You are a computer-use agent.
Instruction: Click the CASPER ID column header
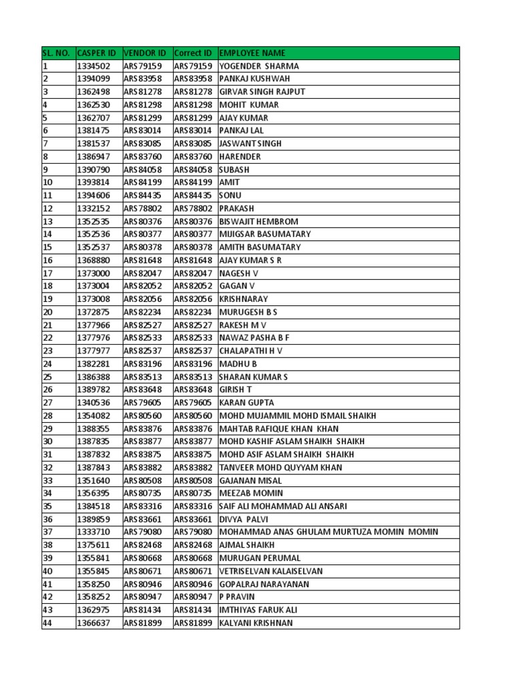(x=97, y=53)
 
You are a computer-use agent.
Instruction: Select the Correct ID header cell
(x=193, y=53)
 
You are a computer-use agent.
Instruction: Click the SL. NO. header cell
(x=56, y=53)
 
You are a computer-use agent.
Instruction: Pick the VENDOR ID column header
(x=144, y=53)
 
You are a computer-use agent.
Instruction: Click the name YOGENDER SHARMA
(x=259, y=66)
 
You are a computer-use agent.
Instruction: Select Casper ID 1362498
(x=94, y=92)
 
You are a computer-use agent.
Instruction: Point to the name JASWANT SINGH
(x=250, y=144)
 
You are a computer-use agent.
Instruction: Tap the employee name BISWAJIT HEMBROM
(x=259, y=222)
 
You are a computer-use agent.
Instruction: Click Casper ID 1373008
(x=94, y=299)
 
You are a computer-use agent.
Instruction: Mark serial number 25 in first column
(x=47, y=377)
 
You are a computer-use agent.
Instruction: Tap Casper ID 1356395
(x=94, y=493)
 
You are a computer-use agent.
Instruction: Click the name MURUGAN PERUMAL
(x=260, y=558)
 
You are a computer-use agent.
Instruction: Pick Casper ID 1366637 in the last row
(x=94, y=623)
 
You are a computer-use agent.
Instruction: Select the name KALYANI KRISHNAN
(x=256, y=623)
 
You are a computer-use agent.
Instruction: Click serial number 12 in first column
(x=47, y=208)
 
